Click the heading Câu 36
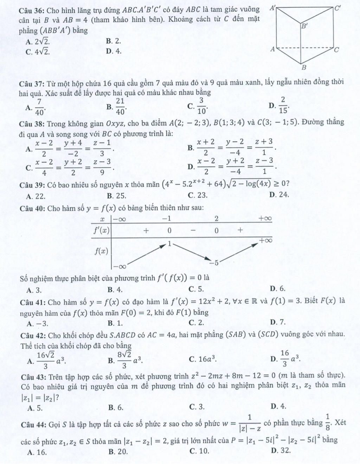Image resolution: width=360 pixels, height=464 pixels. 32,10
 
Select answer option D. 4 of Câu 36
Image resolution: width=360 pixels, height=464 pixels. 114,51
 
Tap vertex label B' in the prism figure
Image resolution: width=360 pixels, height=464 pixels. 304,26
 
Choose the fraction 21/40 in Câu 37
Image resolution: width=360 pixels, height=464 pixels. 120,107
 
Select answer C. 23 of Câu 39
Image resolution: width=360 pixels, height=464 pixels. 198,195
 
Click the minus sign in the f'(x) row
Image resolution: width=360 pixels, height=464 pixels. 193,230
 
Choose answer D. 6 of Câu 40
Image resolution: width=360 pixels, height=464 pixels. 278,289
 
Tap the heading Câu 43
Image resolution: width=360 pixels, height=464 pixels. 32,377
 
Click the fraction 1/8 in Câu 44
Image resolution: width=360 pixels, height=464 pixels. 327,422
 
